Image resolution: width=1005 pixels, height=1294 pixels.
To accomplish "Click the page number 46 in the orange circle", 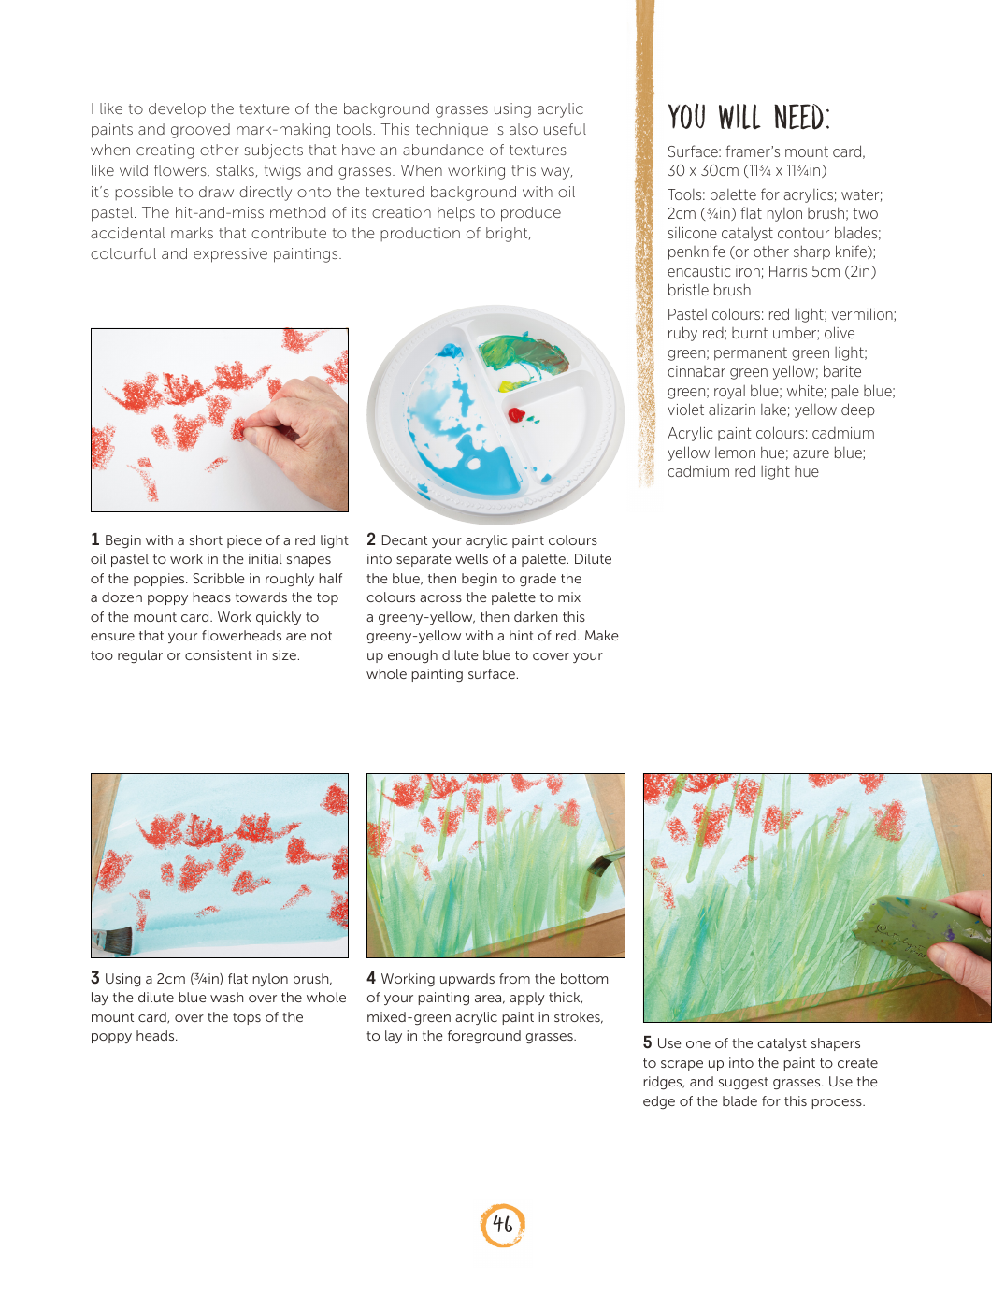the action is click(x=503, y=1224).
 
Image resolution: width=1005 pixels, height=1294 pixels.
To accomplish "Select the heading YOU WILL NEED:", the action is click(x=748, y=117).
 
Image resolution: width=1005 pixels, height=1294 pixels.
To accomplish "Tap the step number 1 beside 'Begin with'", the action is click(x=94, y=539).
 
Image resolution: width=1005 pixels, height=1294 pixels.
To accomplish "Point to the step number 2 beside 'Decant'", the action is click(x=371, y=539).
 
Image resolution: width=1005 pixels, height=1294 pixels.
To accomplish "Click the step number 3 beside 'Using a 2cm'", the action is click(x=94, y=978).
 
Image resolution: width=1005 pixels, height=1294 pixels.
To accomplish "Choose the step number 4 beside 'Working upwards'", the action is click(x=371, y=978).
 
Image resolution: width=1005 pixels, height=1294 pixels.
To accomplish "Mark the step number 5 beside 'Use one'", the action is click(x=647, y=1042).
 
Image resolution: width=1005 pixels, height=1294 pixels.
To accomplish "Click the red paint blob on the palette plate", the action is click(x=516, y=414).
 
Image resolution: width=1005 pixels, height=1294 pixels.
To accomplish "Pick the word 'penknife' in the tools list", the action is click(x=696, y=252).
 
